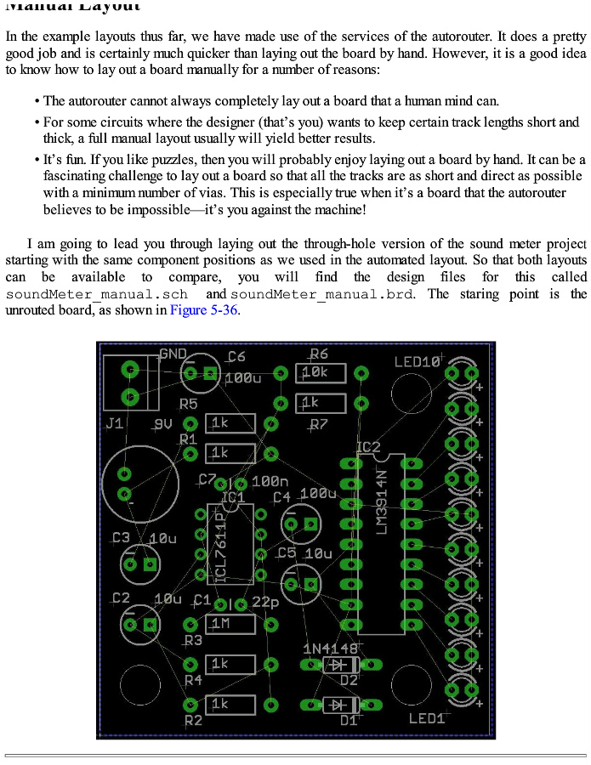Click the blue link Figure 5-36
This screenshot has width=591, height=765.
205,310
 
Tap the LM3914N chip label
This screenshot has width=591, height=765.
382,502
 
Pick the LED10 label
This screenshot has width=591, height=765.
418,362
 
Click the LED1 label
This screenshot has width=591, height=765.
427,718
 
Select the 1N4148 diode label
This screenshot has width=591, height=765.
330,649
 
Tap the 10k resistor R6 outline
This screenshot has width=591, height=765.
321,372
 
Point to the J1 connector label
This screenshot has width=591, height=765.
114,422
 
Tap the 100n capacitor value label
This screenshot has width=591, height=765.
270,482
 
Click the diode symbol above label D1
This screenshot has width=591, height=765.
340,705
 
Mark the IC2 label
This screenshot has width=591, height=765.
368,447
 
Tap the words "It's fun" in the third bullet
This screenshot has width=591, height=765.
65,159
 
